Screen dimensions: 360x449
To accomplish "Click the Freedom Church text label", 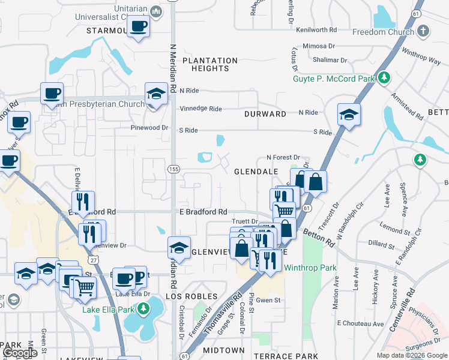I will click(383, 32).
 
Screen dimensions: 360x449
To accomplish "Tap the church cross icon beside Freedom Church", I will click(423, 31).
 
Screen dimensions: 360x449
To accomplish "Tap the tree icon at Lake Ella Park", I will click(143, 309).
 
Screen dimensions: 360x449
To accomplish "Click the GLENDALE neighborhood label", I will click(256, 172).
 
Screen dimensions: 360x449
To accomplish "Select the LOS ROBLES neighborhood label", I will click(191, 297).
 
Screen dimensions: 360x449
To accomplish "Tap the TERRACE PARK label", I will click(294, 356).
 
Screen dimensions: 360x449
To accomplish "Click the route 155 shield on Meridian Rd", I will click(173, 170).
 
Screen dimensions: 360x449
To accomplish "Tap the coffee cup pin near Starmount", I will click(139, 27).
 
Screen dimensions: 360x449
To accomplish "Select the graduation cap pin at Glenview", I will click(179, 247).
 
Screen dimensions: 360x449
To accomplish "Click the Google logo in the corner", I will click(20, 353).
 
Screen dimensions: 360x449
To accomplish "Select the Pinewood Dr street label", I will click(149, 128).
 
